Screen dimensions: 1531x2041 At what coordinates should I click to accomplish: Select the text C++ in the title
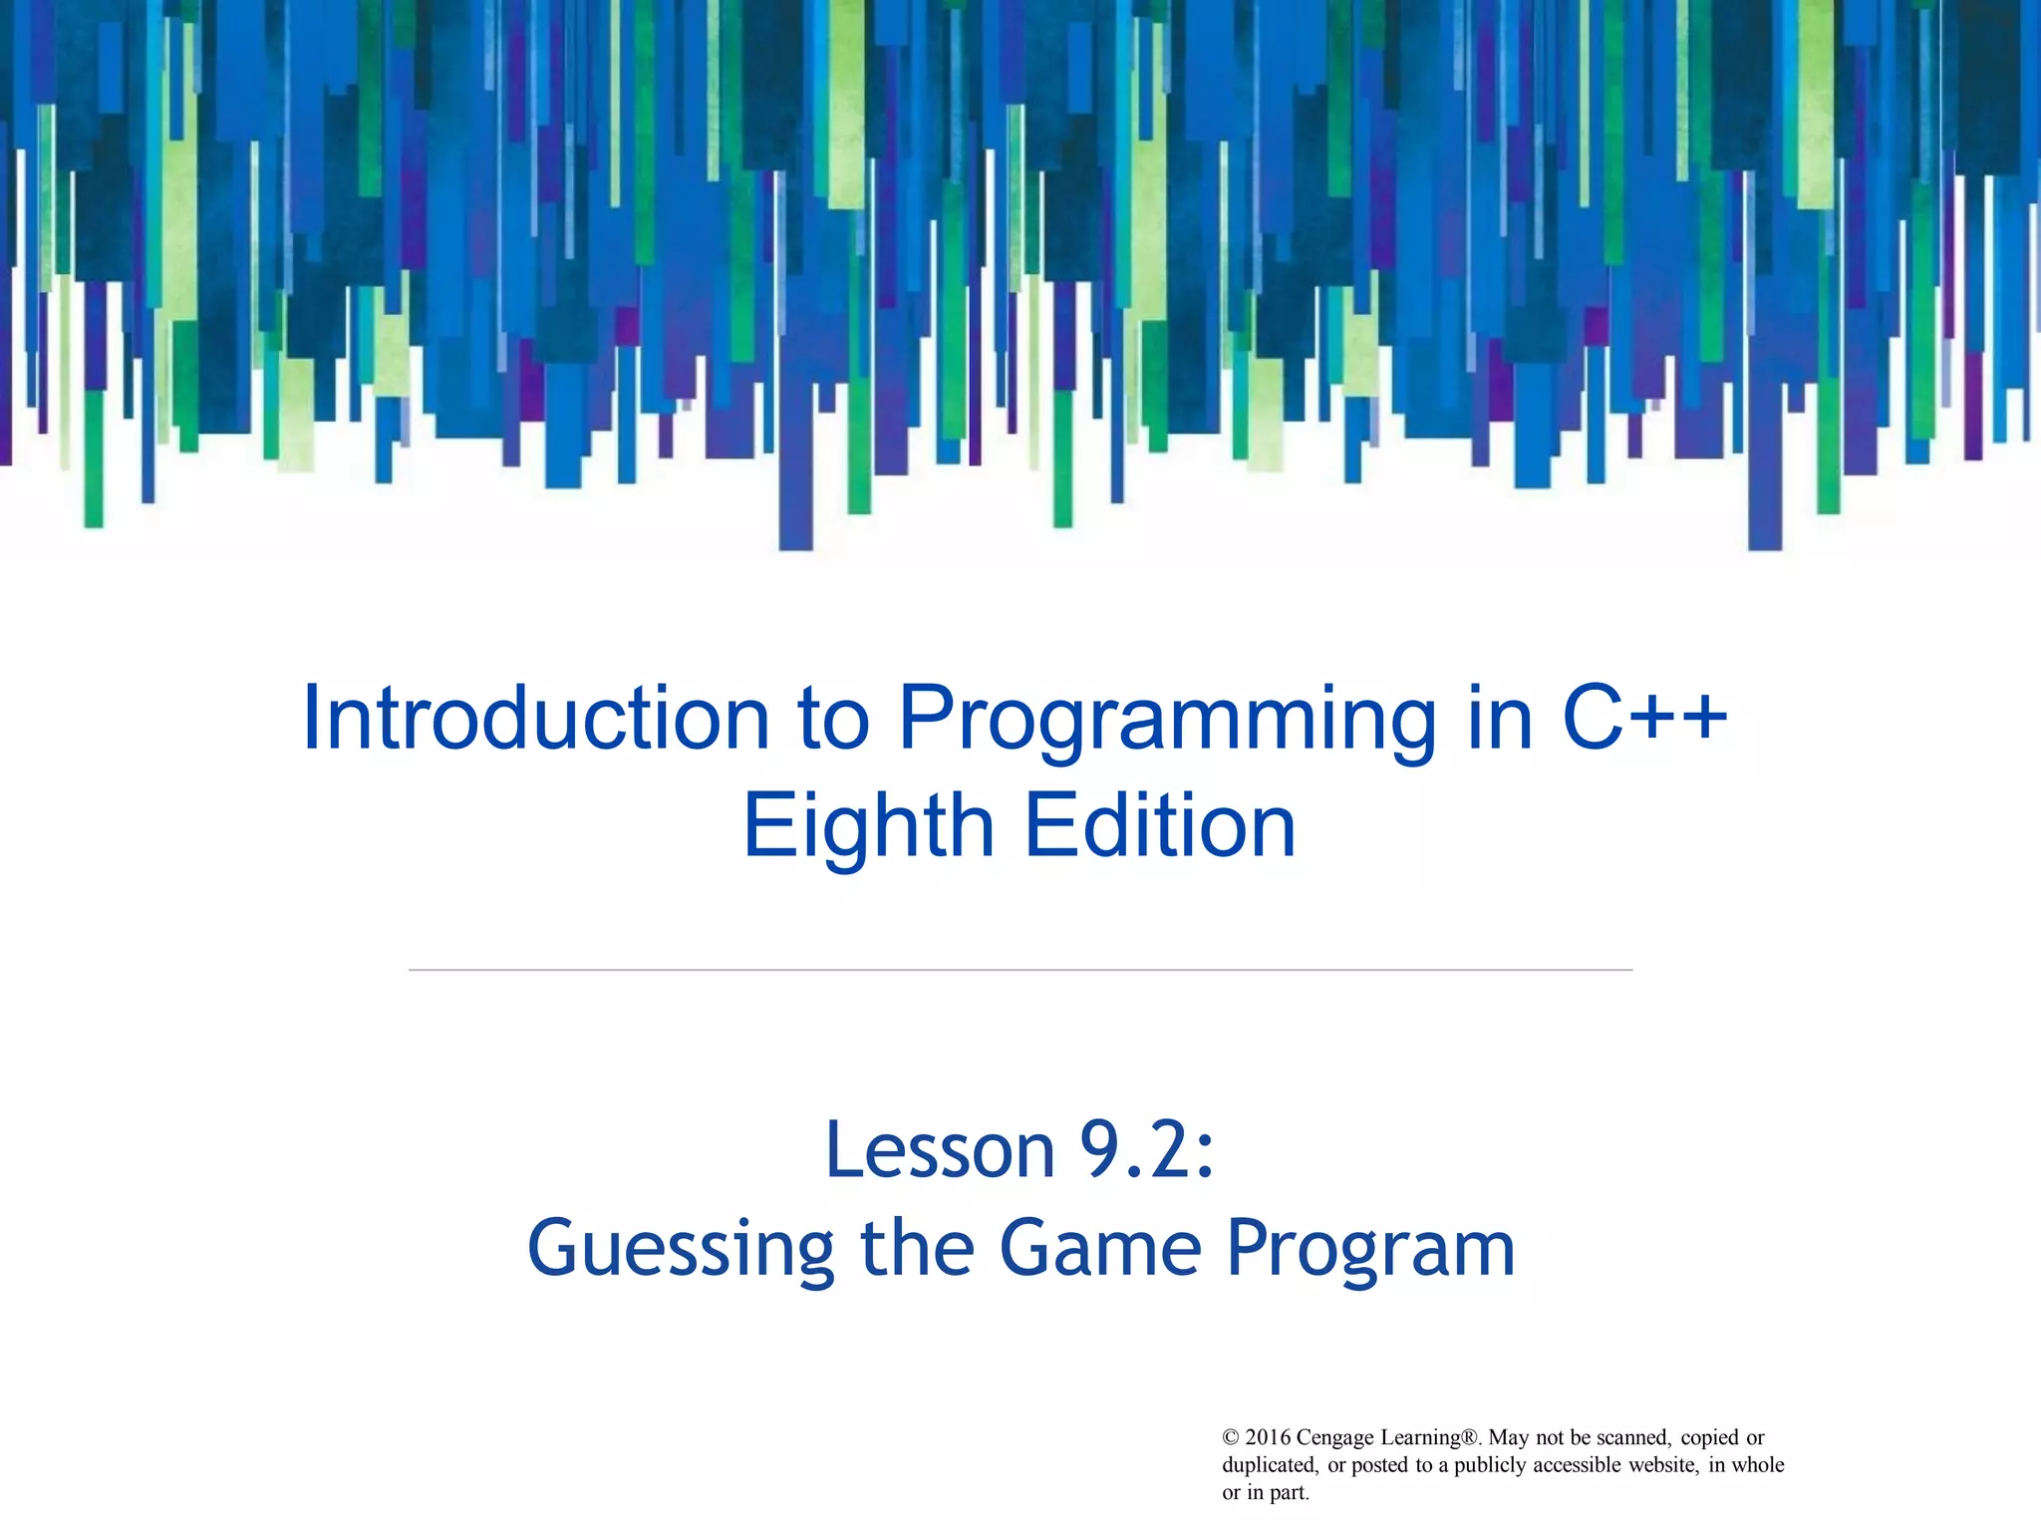click(x=1644, y=719)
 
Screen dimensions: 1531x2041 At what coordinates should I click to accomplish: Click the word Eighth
click(x=868, y=827)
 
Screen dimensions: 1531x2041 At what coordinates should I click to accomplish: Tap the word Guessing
click(x=680, y=1250)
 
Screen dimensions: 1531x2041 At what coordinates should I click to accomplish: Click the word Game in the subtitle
click(x=1100, y=1248)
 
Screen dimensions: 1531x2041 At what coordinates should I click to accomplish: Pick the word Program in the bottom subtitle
click(x=1370, y=1250)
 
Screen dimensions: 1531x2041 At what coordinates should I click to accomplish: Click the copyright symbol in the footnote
click(x=1231, y=1437)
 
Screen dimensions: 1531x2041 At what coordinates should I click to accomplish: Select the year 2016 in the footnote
click(x=1268, y=1437)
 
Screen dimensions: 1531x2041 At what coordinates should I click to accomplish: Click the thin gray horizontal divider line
click(x=1020, y=969)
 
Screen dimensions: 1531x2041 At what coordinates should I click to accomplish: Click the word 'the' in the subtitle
click(x=917, y=1248)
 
